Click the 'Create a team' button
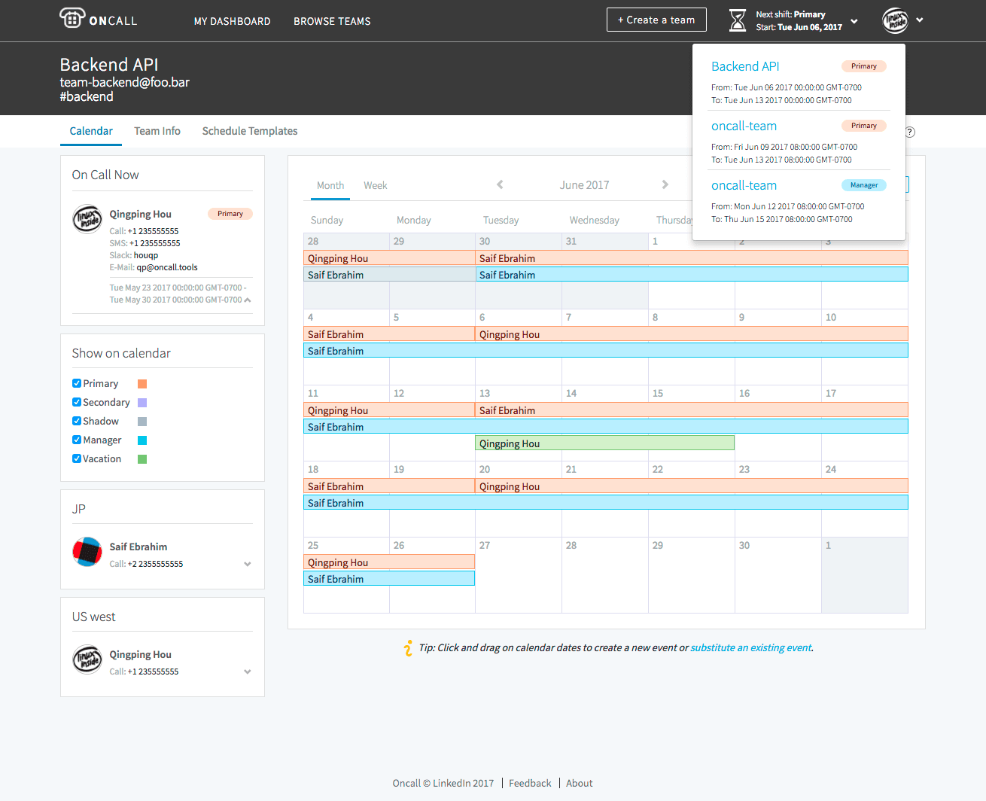pos(656,20)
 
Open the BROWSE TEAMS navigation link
pos(332,21)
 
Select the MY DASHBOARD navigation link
pos(232,21)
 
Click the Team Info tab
pos(157,131)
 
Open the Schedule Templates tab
pos(250,131)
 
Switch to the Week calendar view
pos(375,185)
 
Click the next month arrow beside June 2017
pos(665,184)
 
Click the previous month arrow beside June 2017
pos(500,184)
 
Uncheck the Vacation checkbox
pos(77,458)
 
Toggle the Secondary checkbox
pos(77,402)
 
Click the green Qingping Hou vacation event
pos(604,443)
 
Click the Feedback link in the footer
pos(530,783)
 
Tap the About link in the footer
pos(580,783)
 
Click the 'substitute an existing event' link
pos(750,647)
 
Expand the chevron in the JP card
pos(248,564)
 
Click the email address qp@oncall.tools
pos(167,267)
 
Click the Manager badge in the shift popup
pos(863,185)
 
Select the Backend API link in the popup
pos(745,66)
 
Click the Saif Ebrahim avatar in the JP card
pos(87,552)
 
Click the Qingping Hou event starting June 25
pos(388,562)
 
